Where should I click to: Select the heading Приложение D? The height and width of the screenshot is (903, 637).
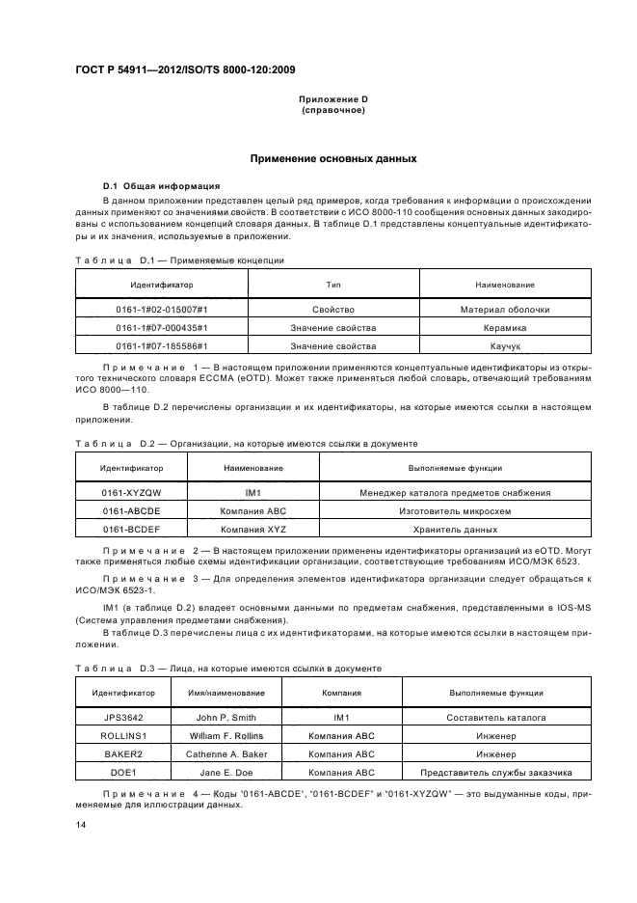[x=333, y=99]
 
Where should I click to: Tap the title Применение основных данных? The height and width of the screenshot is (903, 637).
[x=333, y=158]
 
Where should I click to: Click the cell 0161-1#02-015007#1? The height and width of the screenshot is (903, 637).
[x=162, y=310]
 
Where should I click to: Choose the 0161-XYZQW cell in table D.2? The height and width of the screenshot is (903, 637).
[x=132, y=493]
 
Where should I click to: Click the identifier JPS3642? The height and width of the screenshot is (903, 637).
[x=124, y=718]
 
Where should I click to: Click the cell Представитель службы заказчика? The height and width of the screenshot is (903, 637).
[x=496, y=772]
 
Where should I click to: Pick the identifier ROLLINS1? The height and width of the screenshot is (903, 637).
[x=124, y=736]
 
